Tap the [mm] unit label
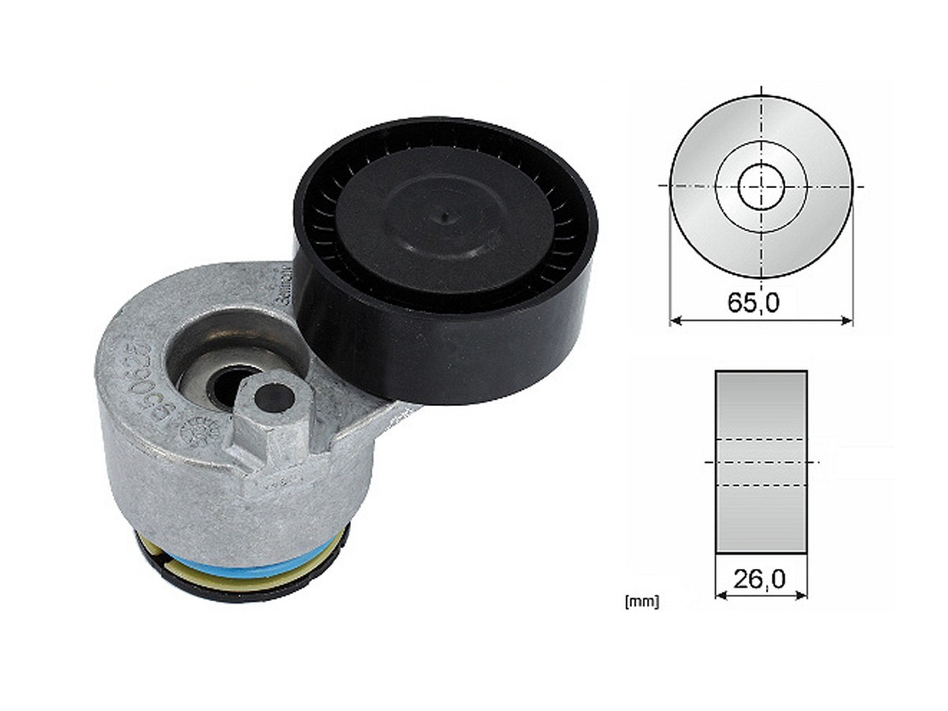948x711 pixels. (641, 602)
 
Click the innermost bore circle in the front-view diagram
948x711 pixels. (761, 186)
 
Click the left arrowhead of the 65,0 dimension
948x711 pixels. (674, 321)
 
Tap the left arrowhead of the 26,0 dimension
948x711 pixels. (719, 595)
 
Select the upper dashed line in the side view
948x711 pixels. (761, 439)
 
